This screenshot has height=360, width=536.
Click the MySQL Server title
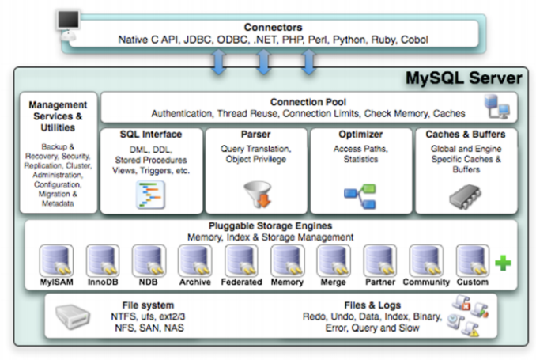click(x=463, y=79)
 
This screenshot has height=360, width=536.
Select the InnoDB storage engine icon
click(x=102, y=260)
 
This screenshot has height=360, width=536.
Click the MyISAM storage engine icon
click(x=56, y=260)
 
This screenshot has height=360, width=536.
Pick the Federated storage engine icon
click(x=241, y=260)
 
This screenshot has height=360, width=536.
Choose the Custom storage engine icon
click(x=472, y=260)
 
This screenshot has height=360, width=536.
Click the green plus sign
click(x=504, y=263)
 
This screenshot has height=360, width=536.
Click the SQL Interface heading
click(x=151, y=135)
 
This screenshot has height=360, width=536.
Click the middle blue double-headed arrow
click(x=264, y=62)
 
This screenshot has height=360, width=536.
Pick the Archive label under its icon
click(x=194, y=282)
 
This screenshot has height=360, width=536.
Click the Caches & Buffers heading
click(x=465, y=135)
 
